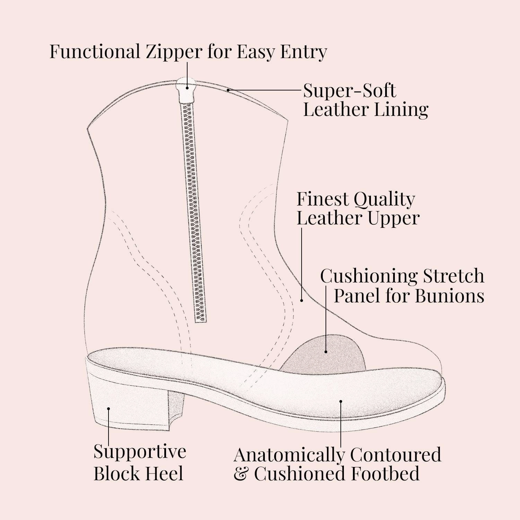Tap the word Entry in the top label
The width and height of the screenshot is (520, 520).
point(304,52)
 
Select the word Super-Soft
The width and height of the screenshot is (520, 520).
point(349,91)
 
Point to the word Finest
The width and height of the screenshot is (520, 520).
point(323,199)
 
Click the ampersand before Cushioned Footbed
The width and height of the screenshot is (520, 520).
point(240,474)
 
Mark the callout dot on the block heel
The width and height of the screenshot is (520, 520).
point(109,409)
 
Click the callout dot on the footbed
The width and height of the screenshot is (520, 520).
point(341,402)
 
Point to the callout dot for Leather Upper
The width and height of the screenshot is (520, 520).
point(302,300)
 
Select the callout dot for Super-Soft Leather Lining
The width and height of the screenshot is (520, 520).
point(228,90)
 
